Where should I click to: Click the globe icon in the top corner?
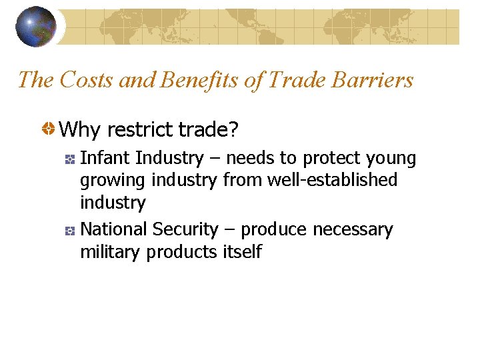point(36,26)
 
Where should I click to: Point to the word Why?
point(81,129)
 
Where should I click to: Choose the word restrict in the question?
point(140,129)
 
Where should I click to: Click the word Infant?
point(105,158)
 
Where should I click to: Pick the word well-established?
point(331,180)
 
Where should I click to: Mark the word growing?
point(113,181)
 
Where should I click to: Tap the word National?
point(113,229)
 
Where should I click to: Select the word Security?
point(185,229)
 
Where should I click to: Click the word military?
point(111,252)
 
